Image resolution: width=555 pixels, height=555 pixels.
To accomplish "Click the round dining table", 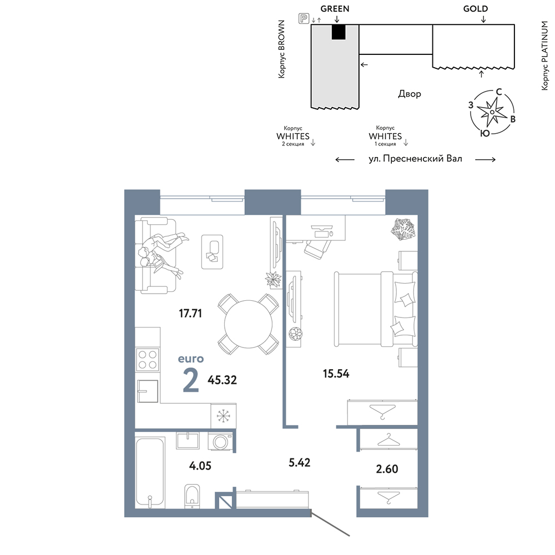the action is (x=249, y=324).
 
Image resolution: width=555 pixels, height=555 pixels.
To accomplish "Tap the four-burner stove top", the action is (x=148, y=360).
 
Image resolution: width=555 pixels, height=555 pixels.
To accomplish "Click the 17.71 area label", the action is (x=190, y=313).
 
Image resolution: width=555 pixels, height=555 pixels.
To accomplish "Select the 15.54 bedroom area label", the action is (x=336, y=374).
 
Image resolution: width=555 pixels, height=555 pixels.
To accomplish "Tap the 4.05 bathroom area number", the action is (x=200, y=466).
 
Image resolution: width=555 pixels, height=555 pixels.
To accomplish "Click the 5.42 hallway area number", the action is (x=300, y=462).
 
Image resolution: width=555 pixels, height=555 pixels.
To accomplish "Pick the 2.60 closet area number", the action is (x=387, y=469).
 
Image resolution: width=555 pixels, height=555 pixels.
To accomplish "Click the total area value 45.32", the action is (x=223, y=380).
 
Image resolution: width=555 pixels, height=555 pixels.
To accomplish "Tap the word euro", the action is (x=191, y=359).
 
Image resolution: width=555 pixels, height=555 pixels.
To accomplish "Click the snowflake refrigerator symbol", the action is (x=223, y=416).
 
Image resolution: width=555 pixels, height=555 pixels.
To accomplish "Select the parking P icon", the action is (x=304, y=18).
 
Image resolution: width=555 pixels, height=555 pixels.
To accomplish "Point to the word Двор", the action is (x=410, y=94).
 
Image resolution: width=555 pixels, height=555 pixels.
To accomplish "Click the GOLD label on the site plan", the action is (x=476, y=8).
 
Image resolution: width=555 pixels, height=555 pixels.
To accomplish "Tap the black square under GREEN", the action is (x=338, y=32).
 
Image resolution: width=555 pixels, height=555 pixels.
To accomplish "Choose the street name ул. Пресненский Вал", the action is (x=415, y=159).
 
